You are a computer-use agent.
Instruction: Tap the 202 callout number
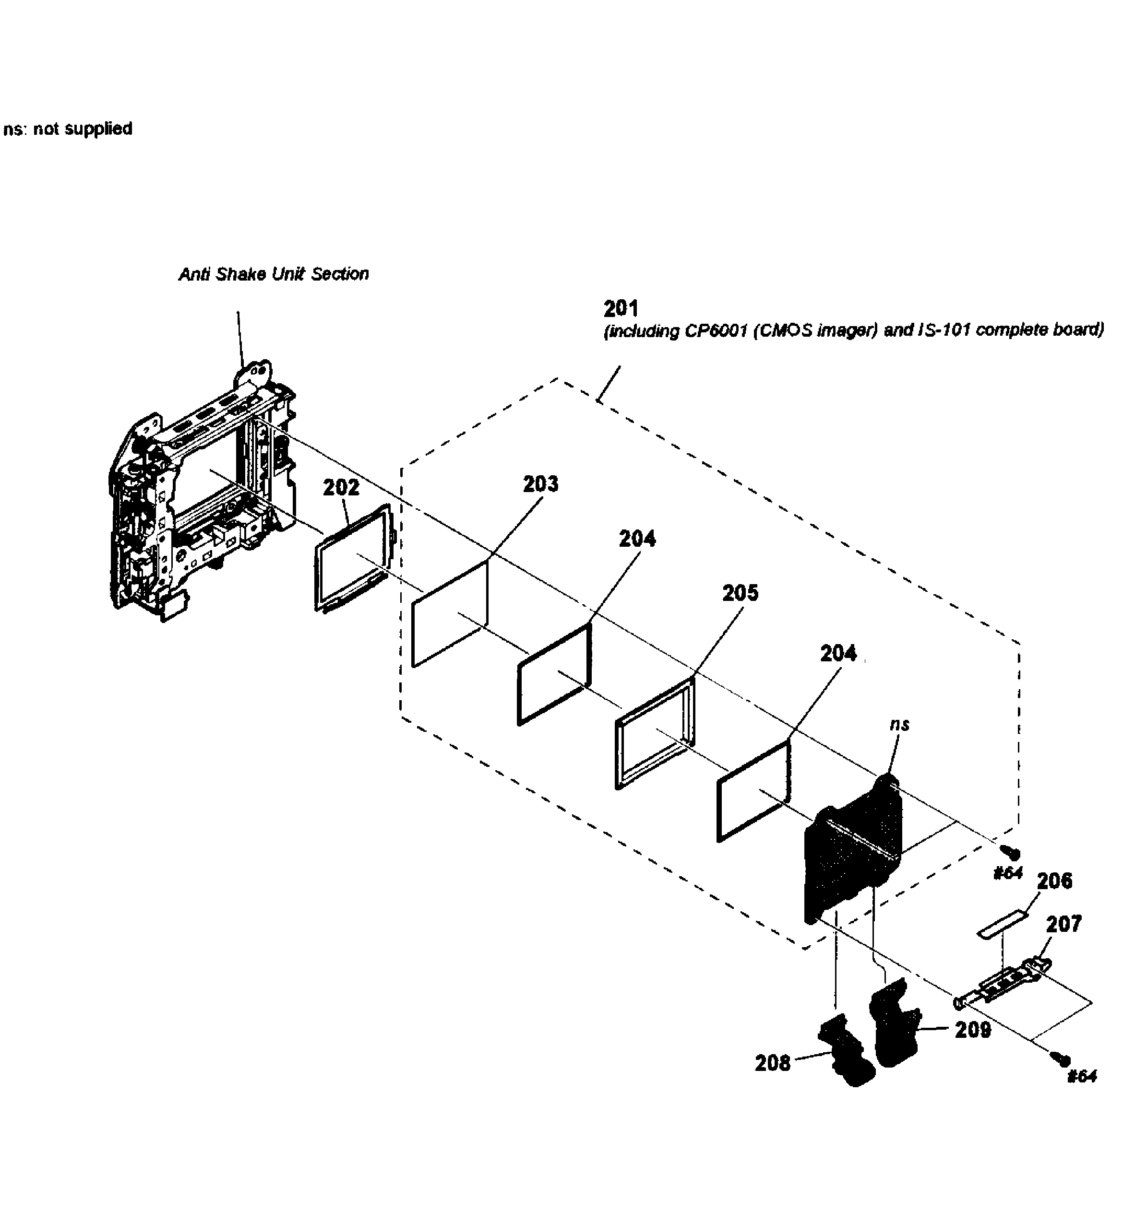pos(341,488)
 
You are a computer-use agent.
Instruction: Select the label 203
pos(540,484)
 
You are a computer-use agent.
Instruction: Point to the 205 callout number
pos(740,593)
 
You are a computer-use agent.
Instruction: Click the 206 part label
pos(1055,881)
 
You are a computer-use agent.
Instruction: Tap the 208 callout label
pos(772,1063)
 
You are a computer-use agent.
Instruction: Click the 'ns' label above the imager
pos(899,724)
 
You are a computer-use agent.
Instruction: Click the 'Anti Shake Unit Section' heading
pos(274,274)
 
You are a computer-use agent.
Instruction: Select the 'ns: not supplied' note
pos(68,129)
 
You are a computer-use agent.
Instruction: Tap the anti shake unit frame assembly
pos(201,493)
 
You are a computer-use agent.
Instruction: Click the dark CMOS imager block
pos(852,852)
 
